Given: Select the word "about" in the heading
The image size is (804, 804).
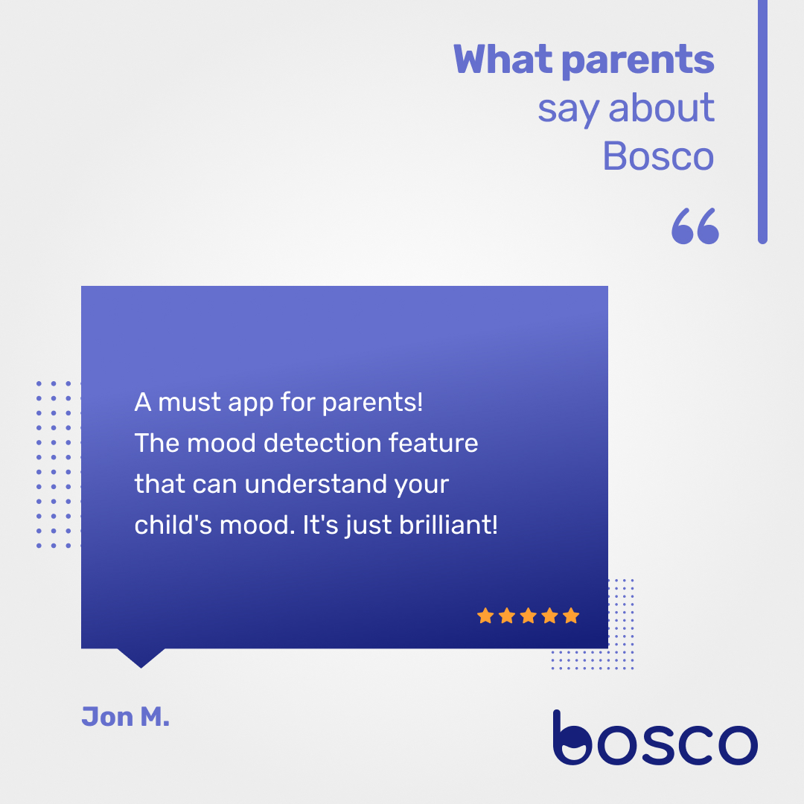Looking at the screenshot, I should click(661, 109).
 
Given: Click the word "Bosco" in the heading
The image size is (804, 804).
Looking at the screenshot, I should click(658, 156).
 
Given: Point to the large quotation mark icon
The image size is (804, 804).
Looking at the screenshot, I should click(695, 226).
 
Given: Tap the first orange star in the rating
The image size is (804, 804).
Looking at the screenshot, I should click(485, 616).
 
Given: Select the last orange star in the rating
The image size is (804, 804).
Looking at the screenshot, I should click(571, 616).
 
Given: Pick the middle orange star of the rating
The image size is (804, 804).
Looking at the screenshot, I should click(529, 616).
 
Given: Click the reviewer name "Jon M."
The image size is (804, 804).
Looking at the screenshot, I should click(125, 717).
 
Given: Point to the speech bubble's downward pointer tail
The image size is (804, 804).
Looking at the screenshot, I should click(141, 657).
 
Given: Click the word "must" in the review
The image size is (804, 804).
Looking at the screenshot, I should click(190, 403).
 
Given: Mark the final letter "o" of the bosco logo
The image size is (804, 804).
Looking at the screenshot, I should click(734, 743).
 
